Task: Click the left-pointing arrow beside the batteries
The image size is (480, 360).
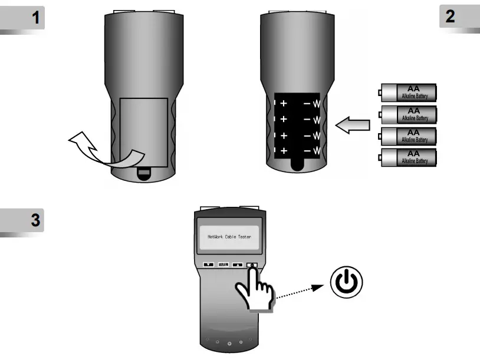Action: (x=353, y=124)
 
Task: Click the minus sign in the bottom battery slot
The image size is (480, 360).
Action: (x=307, y=151)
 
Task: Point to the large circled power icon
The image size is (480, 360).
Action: (x=346, y=283)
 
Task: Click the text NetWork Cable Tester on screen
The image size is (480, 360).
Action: (x=229, y=237)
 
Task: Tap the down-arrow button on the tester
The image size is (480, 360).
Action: (x=208, y=265)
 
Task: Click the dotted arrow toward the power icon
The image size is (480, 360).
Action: (x=301, y=293)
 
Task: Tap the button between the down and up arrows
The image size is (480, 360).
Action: (x=223, y=265)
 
